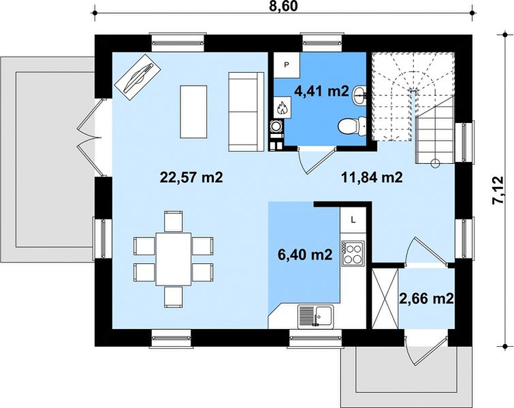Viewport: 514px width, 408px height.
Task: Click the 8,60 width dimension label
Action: click(x=283, y=6)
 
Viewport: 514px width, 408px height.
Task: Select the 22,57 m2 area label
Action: click(x=191, y=177)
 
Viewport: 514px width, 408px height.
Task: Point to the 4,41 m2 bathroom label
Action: click(x=321, y=91)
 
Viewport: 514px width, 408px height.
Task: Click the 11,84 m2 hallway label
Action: click(x=372, y=177)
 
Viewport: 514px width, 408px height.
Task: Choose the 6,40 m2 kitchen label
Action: click(x=305, y=254)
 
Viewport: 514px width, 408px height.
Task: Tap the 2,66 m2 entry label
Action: click(x=426, y=299)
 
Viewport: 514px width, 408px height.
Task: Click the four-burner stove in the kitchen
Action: click(x=353, y=253)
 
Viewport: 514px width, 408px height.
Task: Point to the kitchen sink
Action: click(x=316, y=316)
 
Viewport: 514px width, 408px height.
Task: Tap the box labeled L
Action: click(x=353, y=220)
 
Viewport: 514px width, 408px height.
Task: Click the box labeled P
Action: click(x=287, y=65)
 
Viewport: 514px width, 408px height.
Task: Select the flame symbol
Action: click(x=282, y=107)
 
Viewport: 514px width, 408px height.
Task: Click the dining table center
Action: click(x=174, y=259)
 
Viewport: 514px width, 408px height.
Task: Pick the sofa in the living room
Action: click(x=246, y=112)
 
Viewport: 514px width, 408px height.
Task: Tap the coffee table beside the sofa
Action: click(x=193, y=112)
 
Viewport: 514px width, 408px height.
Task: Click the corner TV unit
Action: click(x=138, y=78)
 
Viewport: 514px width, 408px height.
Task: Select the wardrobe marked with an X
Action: click(x=385, y=298)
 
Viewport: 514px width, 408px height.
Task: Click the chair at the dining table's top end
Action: click(x=174, y=222)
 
